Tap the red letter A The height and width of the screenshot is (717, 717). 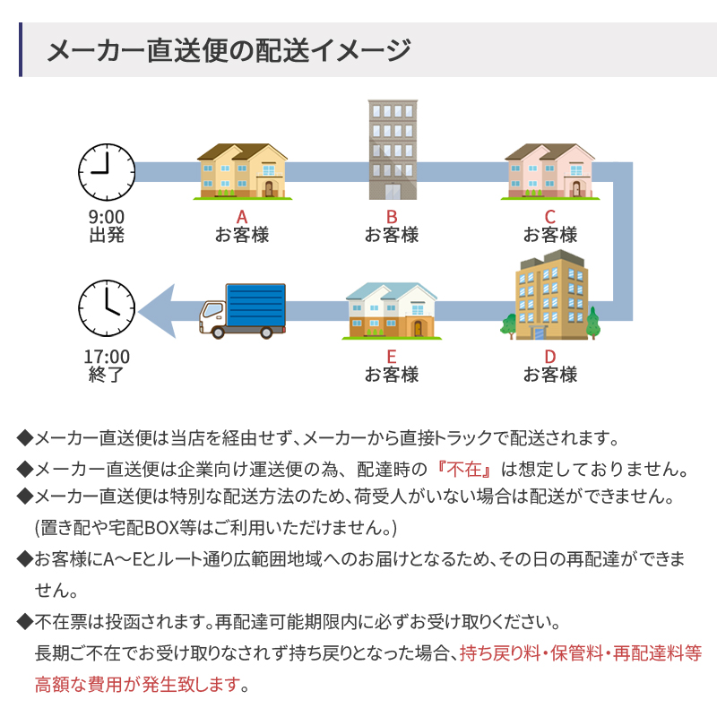point(241,217)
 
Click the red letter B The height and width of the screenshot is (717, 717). point(392,217)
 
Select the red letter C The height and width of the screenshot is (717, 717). point(549,217)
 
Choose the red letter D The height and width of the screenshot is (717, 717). point(549,357)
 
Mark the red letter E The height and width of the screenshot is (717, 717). point(392,357)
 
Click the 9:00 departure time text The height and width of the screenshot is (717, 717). point(107,217)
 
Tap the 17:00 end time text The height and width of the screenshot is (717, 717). point(107,357)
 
